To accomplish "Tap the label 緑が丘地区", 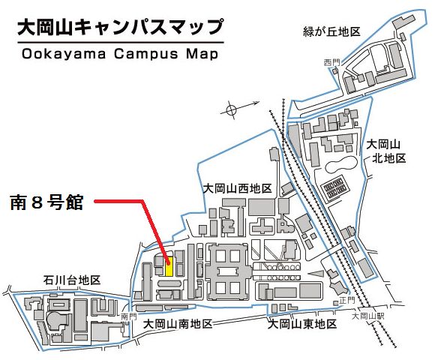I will (333, 31).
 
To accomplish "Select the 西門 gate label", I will (331, 61).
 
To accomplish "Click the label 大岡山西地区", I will (237, 188).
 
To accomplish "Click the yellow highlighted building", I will (169, 266).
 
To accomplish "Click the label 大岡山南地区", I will (178, 324).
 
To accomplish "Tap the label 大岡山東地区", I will (303, 324).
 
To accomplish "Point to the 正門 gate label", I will (346, 301).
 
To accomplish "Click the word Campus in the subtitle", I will (142, 55).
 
